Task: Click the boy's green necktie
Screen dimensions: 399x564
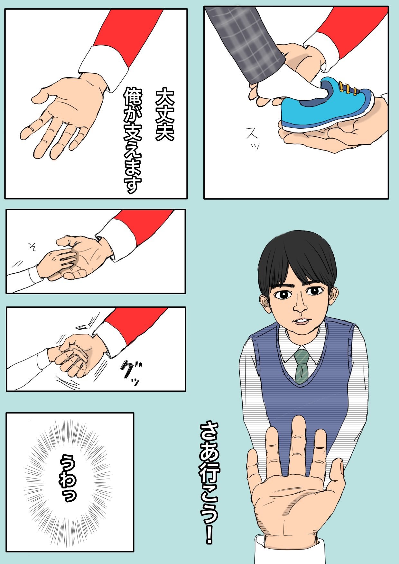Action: pos(302,367)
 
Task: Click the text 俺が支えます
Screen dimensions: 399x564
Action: pos(133,140)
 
